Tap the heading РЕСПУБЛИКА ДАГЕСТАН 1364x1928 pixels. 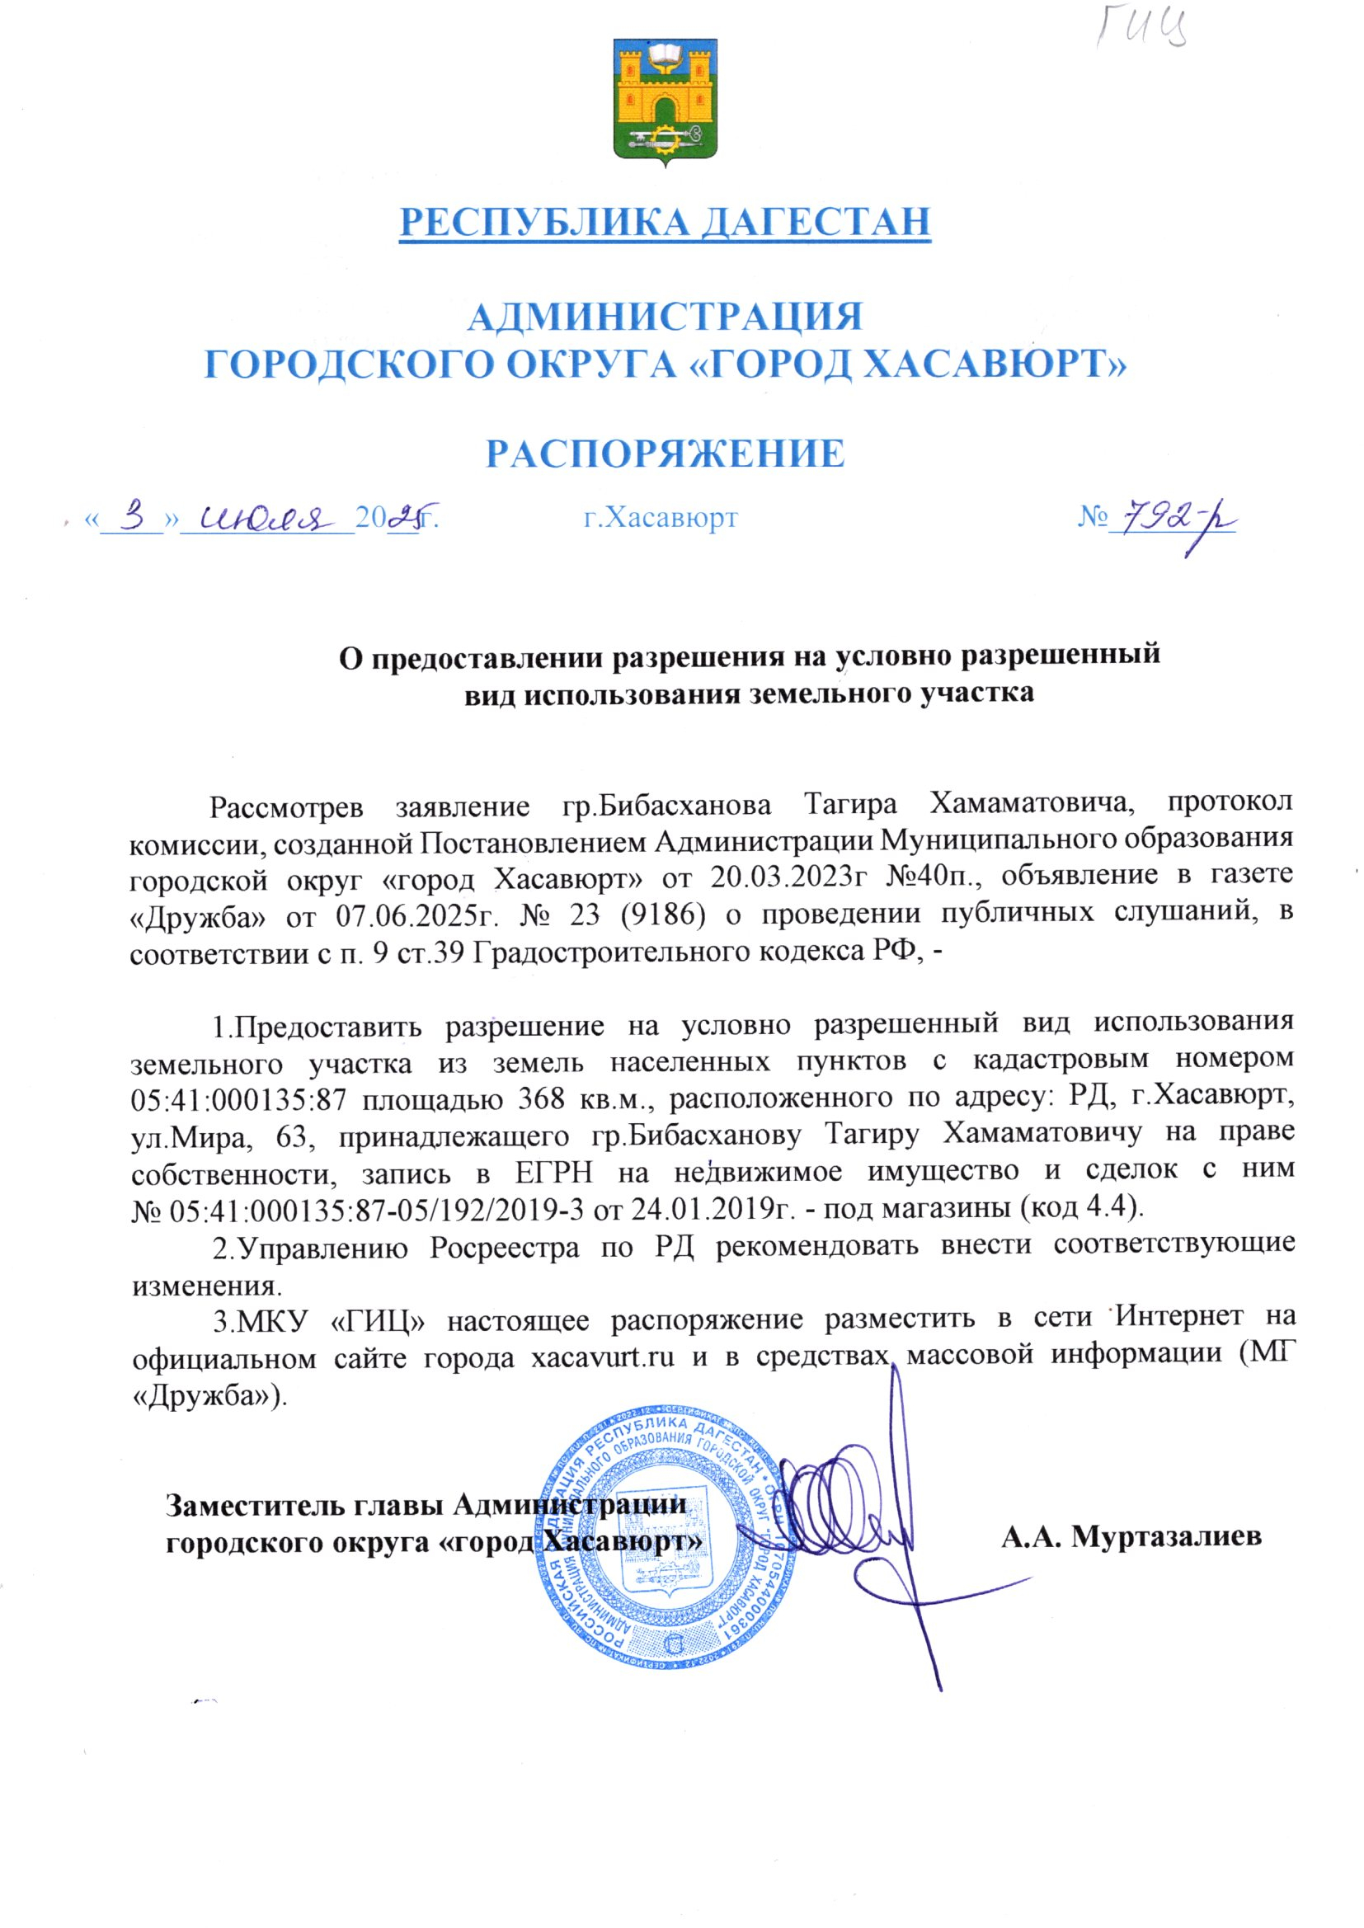[x=665, y=221]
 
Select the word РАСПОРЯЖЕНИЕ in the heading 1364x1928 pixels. [x=666, y=454]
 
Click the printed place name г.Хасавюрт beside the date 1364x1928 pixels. [x=661, y=518]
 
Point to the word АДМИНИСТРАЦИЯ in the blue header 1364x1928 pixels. [x=665, y=317]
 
